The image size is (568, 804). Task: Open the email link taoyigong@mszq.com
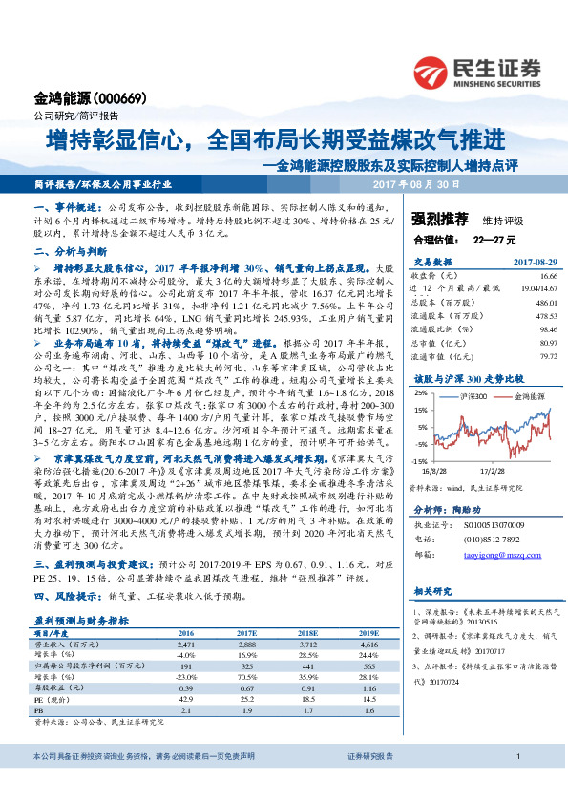(501, 527)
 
